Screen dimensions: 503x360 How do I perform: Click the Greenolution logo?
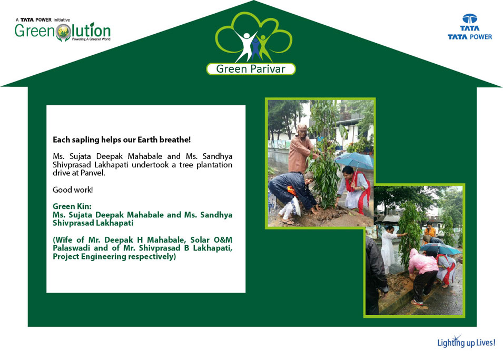pyautogui.click(x=63, y=30)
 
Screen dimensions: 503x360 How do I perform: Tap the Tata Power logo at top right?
pyautogui.click(x=470, y=27)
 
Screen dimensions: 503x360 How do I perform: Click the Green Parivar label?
pyautogui.click(x=251, y=69)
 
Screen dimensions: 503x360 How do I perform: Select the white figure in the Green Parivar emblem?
pyautogui.click(x=245, y=45)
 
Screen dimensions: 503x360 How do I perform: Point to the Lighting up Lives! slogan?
pyautogui.click(x=466, y=342)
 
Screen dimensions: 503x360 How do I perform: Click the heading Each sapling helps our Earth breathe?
pyautogui.click(x=122, y=140)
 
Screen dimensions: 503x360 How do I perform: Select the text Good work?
pyautogui.click(x=73, y=190)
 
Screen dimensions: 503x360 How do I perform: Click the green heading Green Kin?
pyautogui.click(x=72, y=206)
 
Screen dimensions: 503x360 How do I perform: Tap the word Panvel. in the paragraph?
pyautogui.click(x=93, y=173)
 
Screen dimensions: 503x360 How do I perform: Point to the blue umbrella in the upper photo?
pyautogui.click(x=354, y=161)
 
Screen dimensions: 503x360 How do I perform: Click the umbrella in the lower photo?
pyautogui.click(x=440, y=248)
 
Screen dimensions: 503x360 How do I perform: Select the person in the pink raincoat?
pyautogui.click(x=423, y=276)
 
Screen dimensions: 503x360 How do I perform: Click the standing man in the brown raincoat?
pyautogui.click(x=300, y=148)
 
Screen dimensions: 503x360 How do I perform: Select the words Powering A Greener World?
pyautogui.click(x=91, y=39)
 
